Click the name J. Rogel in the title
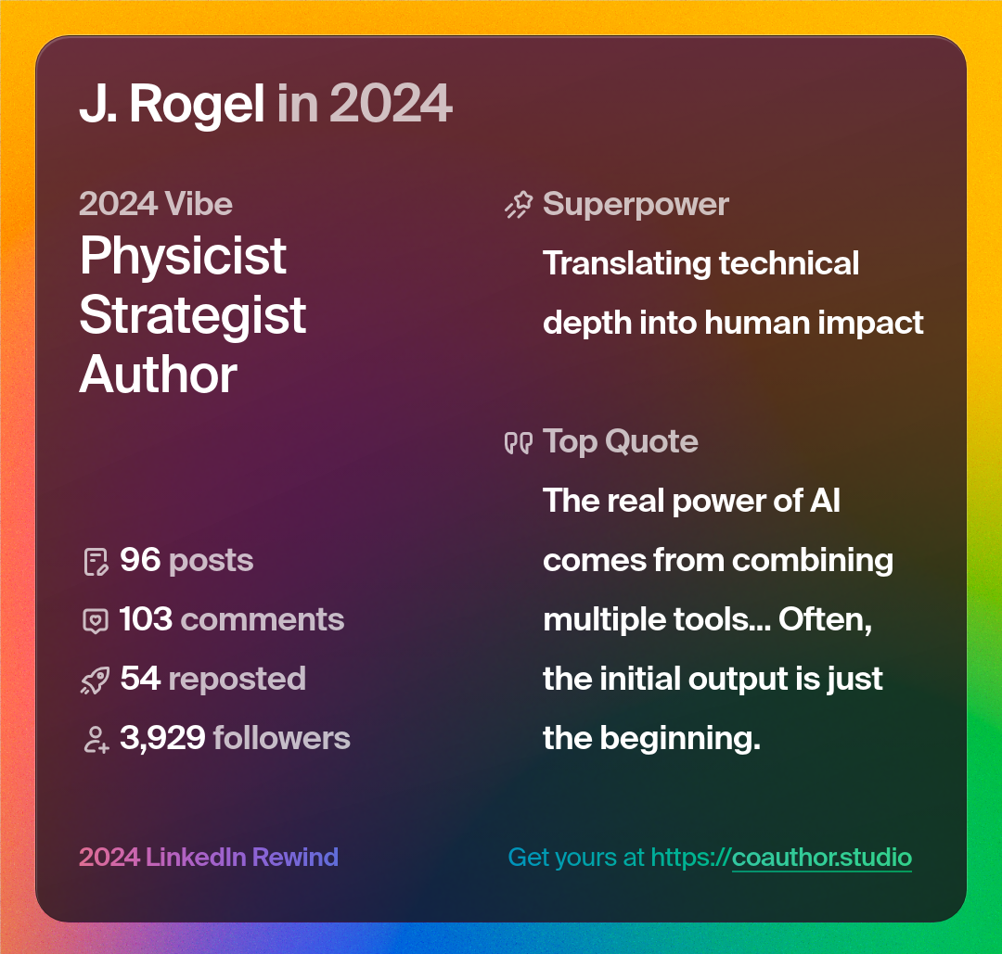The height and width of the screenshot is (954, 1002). click(x=172, y=104)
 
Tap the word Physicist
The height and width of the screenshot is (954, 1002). click(x=183, y=256)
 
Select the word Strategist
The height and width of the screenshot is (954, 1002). click(x=193, y=315)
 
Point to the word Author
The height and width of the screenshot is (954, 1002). click(x=159, y=375)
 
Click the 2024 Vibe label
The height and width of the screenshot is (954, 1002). click(x=156, y=204)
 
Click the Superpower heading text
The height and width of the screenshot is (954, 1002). click(x=636, y=204)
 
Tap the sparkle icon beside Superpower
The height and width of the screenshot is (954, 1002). click(x=519, y=205)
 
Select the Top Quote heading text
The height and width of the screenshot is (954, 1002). click(x=620, y=441)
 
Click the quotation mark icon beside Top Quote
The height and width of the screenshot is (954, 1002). click(x=518, y=442)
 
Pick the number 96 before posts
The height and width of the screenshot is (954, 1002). click(x=140, y=560)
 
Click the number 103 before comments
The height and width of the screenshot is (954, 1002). click(x=146, y=619)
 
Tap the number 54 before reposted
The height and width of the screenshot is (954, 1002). click(x=140, y=679)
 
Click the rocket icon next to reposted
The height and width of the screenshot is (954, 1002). click(x=96, y=681)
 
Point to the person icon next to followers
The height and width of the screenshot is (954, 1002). click(x=96, y=739)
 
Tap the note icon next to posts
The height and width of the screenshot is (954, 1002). click(x=96, y=561)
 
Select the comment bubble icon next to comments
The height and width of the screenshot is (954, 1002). click(x=96, y=620)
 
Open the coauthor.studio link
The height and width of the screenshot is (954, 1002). click(x=822, y=857)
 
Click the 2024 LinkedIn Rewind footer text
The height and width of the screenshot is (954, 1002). click(x=209, y=857)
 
